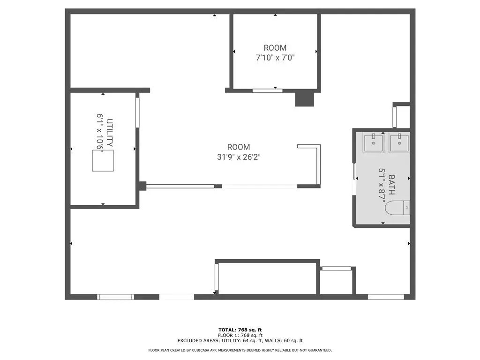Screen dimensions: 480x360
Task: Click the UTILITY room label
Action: point(110,133)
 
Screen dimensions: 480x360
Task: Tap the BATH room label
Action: point(391,185)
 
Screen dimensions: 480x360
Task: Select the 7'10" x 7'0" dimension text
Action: point(275,58)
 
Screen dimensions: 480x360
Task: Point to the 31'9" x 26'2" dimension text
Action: point(239,157)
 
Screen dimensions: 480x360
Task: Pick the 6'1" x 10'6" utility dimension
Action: point(100,132)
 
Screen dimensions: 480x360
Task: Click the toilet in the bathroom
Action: point(397,208)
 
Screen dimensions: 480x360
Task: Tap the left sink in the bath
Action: point(374,142)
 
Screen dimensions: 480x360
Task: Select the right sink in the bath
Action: point(399,142)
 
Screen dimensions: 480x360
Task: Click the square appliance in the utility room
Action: point(103,161)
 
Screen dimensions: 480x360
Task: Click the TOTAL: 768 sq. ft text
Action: point(240,330)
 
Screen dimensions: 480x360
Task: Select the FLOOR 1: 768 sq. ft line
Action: point(240,335)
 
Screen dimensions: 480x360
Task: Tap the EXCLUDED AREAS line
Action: point(240,340)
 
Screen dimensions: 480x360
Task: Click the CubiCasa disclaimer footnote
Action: point(240,350)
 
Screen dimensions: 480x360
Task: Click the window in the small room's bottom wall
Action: point(268,90)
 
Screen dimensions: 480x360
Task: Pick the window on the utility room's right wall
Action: point(137,112)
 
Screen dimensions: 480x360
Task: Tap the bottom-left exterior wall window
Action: point(115,297)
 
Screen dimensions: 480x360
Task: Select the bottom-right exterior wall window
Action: point(386,297)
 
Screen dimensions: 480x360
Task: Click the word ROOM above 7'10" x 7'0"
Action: point(275,48)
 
